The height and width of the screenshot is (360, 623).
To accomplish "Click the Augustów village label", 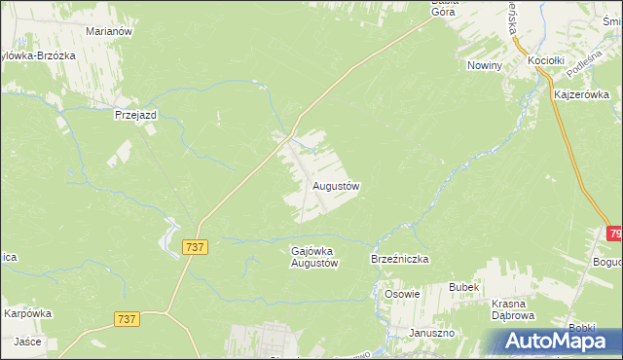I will pos(337,185).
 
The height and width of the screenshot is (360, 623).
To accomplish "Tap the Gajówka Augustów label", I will pos(314,257).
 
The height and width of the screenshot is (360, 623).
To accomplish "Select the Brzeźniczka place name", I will pos(400,260).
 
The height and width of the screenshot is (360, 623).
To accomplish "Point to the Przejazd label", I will pos(135,114).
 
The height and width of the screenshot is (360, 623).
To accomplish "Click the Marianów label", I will pos(109,31).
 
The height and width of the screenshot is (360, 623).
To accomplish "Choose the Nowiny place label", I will pos(484,65).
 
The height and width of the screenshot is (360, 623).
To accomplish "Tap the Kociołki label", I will pos(547,60).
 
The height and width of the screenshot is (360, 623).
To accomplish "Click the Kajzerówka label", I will pos(581,94).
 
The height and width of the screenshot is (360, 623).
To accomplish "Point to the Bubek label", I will pos(463,287).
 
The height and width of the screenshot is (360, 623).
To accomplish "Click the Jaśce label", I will pos(26,342).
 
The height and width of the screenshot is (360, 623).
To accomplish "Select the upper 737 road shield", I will pos(195,247).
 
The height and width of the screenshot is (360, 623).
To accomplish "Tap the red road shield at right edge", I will pos(615,234).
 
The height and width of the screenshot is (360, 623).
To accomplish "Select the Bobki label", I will pos(583,328).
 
